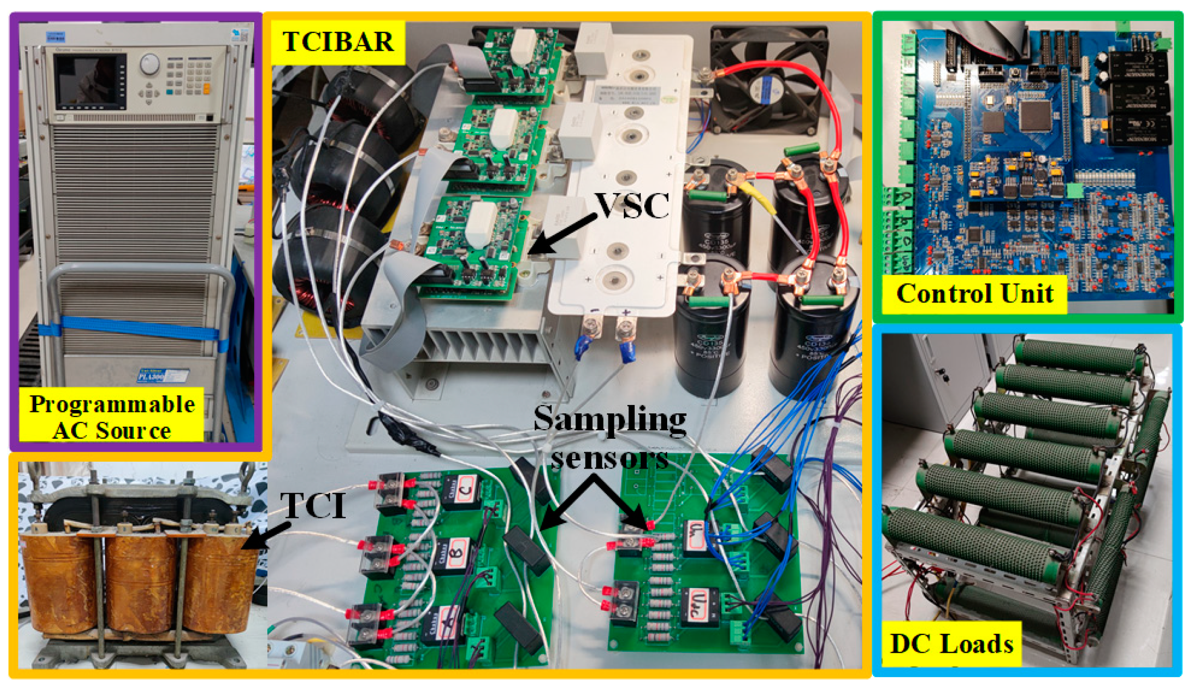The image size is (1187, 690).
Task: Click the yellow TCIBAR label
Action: point(338,42)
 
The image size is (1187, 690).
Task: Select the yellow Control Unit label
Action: point(974,294)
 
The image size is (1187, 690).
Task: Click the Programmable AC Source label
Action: point(111,416)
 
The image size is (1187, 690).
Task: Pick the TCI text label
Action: point(313,505)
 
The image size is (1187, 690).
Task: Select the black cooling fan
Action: point(769,80)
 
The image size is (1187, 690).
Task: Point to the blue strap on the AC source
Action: point(134,328)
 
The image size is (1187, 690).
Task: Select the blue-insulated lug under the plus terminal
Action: point(627,350)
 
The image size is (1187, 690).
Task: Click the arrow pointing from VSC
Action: point(562,234)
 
